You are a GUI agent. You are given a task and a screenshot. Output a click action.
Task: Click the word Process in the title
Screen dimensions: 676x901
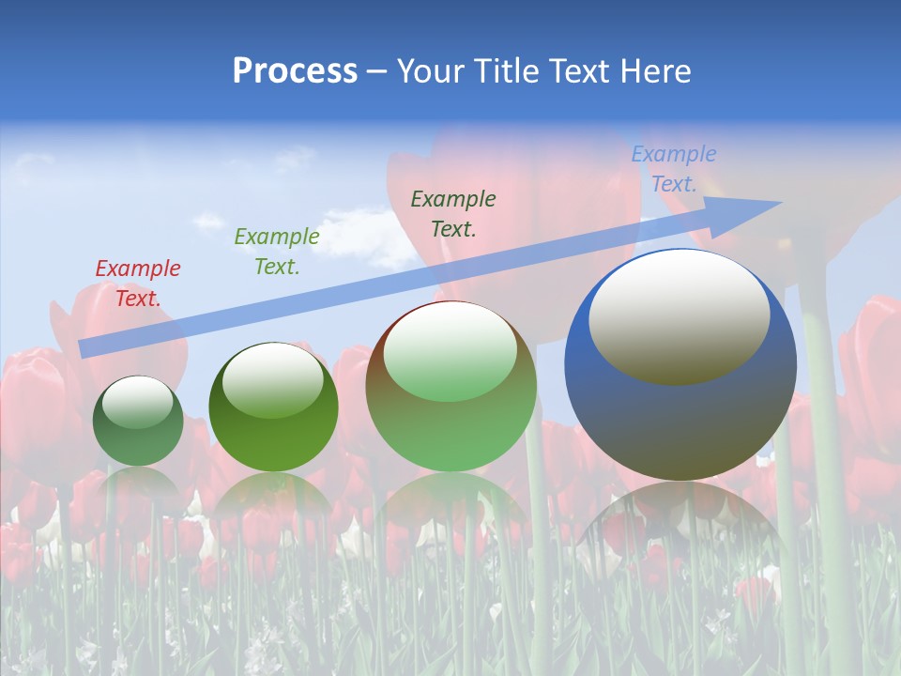click(295, 71)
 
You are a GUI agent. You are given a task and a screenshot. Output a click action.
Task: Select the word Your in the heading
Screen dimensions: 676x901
click(427, 71)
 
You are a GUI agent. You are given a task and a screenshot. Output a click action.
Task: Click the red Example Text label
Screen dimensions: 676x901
click(137, 284)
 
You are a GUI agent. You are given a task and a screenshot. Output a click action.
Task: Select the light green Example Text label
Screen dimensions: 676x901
click(276, 252)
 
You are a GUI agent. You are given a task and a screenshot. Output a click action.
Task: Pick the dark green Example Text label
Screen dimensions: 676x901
click(452, 214)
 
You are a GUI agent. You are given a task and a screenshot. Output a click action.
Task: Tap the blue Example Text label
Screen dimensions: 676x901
click(673, 169)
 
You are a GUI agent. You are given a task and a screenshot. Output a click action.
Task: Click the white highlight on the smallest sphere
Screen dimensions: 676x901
click(137, 402)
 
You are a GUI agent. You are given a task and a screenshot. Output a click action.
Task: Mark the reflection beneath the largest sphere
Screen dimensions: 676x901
click(680, 526)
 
